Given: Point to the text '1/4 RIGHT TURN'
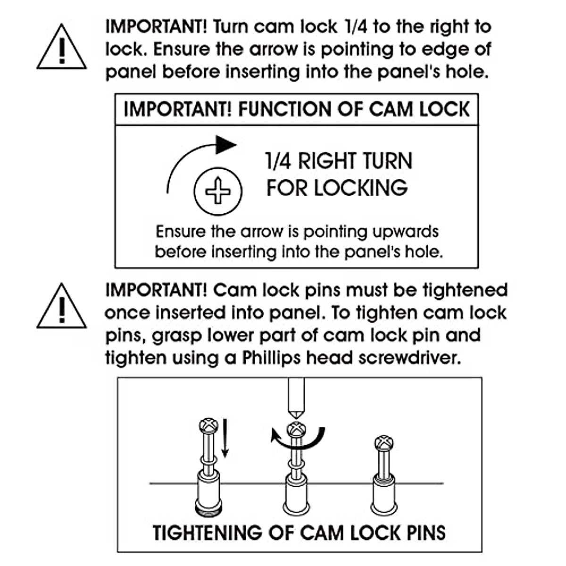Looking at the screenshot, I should coord(339,161).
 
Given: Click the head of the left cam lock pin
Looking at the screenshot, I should coord(208,426).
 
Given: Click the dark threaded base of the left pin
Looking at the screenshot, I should coord(208,509).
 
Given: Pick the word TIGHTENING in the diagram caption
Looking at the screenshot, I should coord(207,533).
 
